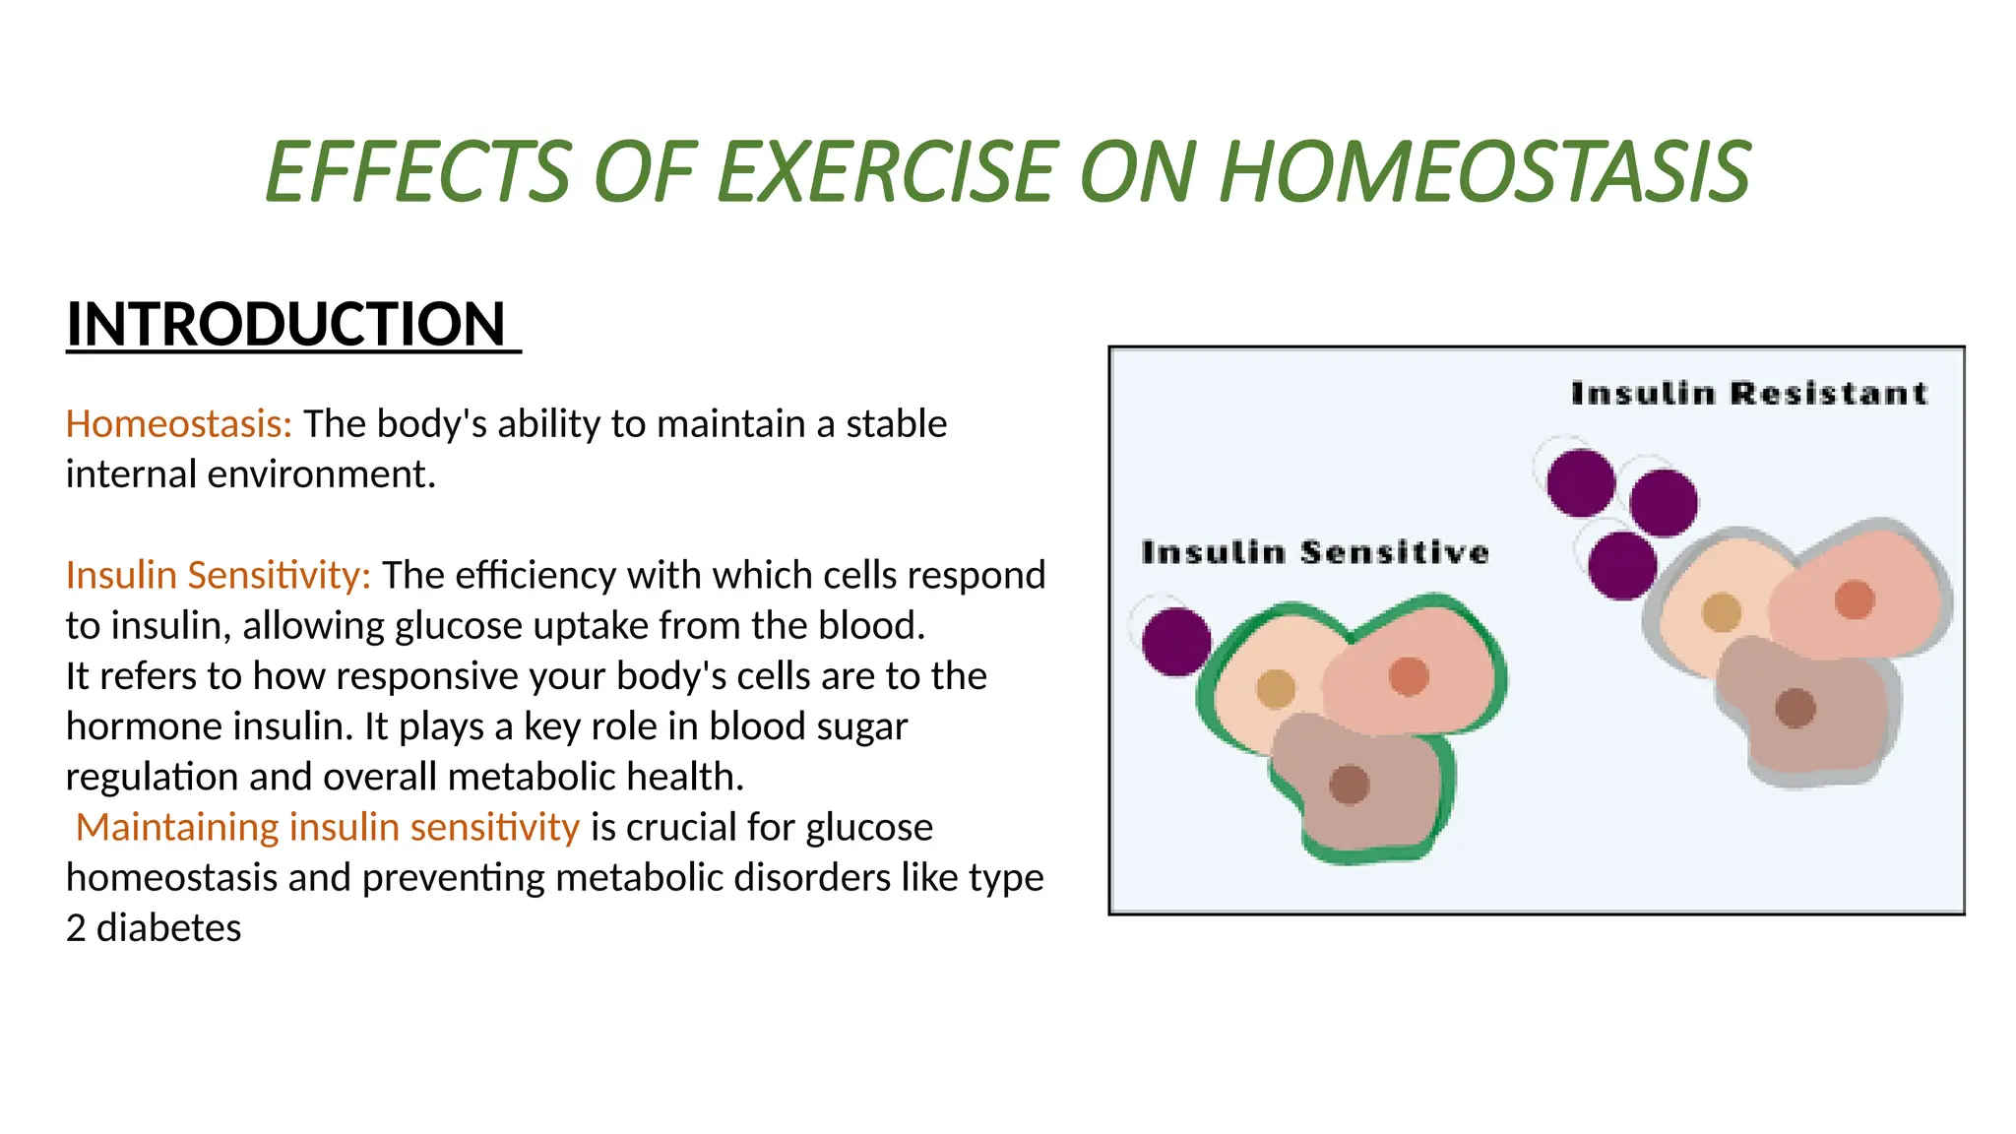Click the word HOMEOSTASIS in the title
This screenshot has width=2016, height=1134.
point(1484,171)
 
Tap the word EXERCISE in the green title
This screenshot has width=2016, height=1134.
point(889,171)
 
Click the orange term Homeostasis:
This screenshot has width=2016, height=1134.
point(179,424)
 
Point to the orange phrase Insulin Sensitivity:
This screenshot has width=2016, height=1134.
point(219,576)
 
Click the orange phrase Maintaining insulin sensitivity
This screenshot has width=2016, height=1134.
point(328,828)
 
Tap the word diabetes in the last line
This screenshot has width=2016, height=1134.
point(168,928)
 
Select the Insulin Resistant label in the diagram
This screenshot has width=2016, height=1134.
point(1749,394)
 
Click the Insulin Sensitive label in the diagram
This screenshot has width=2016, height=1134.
point(1315,552)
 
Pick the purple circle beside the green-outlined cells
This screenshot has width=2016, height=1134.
point(1176,642)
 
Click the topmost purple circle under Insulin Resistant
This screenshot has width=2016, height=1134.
point(1581,482)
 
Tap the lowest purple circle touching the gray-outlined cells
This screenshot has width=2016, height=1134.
point(1622,566)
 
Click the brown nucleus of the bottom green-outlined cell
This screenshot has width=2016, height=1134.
point(1350,785)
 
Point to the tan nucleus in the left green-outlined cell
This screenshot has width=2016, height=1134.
point(1277,689)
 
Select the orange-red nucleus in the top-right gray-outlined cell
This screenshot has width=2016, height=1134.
point(1855,599)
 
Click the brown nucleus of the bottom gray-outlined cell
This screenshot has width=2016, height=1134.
point(1795,708)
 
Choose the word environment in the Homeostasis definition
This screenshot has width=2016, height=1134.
point(321,474)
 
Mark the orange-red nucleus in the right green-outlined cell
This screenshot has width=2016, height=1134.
point(1409,676)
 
